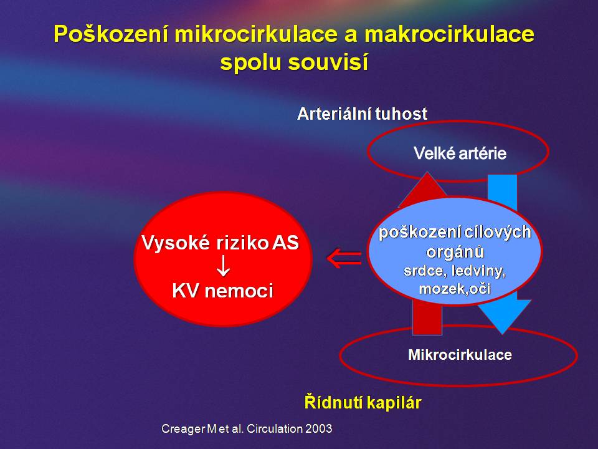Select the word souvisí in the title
tap(328, 62)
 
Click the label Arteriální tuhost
tap(362, 113)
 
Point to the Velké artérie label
tap(460, 153)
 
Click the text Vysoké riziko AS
tap(220, 243)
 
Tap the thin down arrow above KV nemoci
tap(223, 266)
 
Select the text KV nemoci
tap(223, 291)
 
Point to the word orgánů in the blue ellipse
tap(455, 251)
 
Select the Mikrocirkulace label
tap(460, 355)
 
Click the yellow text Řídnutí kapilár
tap(363, 402)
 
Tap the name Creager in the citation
tap(183, 429)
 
